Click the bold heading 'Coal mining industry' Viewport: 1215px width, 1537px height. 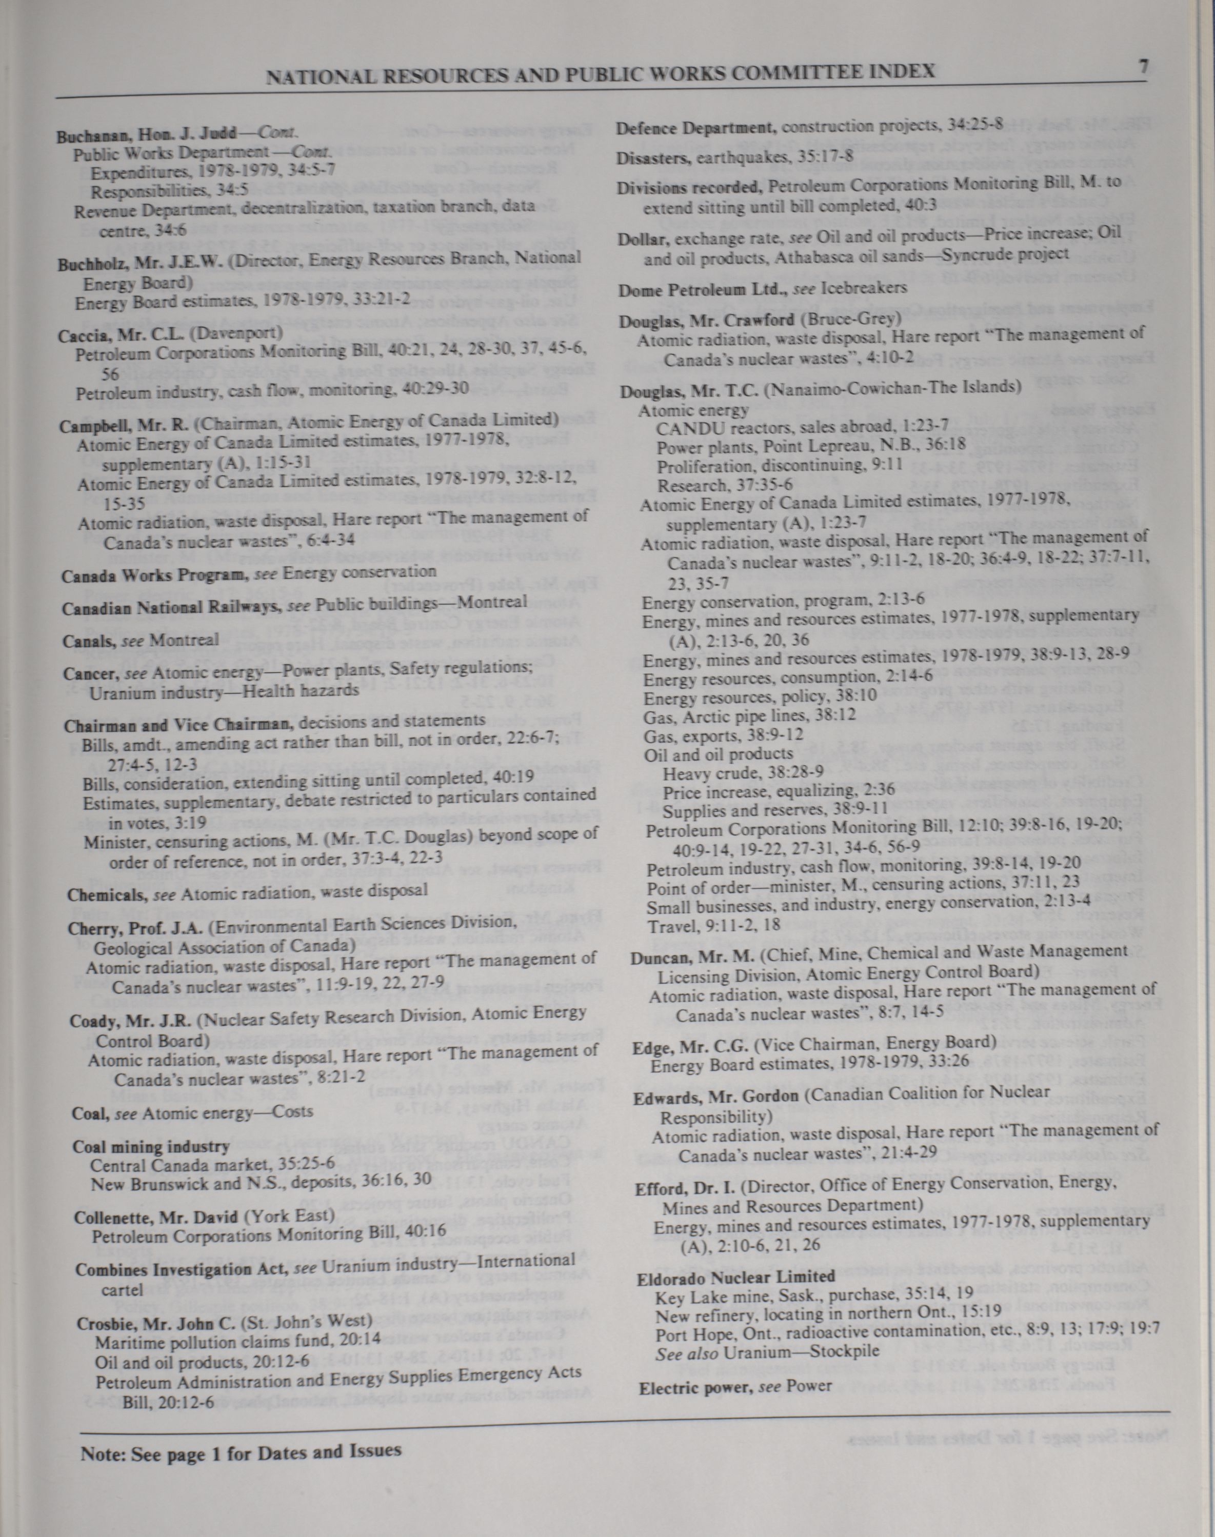pyautogui.click(x=151, y=1147)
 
